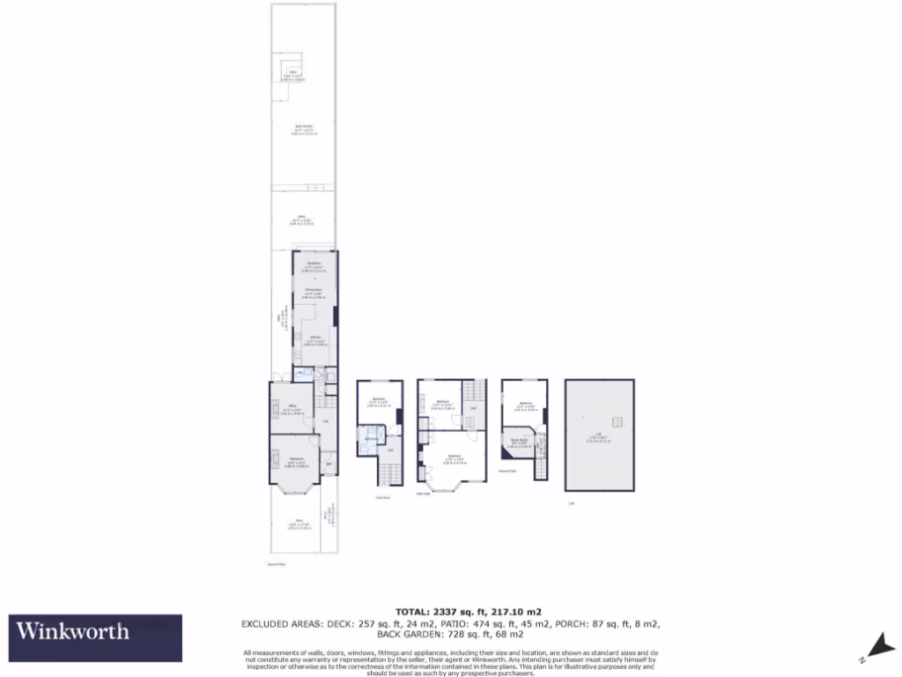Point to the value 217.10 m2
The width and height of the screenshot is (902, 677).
pyautogui.click(x=513, y=611)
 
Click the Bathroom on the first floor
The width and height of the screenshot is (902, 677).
pyautogui.click(x=371, y=437)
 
